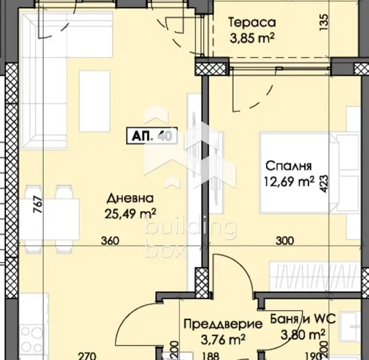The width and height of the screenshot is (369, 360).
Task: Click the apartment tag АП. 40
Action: coord(152,136)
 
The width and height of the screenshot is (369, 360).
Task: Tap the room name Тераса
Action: coord(252,23)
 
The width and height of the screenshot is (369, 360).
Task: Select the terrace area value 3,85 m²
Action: coord(252,38)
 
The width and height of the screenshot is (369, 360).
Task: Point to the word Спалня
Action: coord(288,166)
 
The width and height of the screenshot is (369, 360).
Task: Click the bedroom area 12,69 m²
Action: coord(289,181)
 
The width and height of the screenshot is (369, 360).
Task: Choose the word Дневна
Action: coord(130,199)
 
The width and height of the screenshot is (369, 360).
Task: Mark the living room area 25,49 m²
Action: coord(130,213)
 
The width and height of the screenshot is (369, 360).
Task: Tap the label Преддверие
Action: coord(223,324)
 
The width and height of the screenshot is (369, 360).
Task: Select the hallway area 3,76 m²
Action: coord(223,339)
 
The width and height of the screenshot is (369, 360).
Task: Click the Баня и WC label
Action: coord(303,319)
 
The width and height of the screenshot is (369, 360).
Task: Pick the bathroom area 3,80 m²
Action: coord(303,335)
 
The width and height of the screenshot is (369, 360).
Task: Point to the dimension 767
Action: coord(38,205)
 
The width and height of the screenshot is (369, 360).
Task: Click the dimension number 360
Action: coord(110,241)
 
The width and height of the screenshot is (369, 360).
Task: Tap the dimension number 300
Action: coord(285,241)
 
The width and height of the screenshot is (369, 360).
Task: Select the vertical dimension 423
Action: coord(324,184)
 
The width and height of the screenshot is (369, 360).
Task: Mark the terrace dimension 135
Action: coord(324,22)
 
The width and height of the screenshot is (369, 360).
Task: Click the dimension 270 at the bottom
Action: coord(87,356)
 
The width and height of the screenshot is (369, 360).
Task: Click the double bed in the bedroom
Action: coord(300,173)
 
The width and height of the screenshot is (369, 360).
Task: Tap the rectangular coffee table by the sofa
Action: coord(95,101)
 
